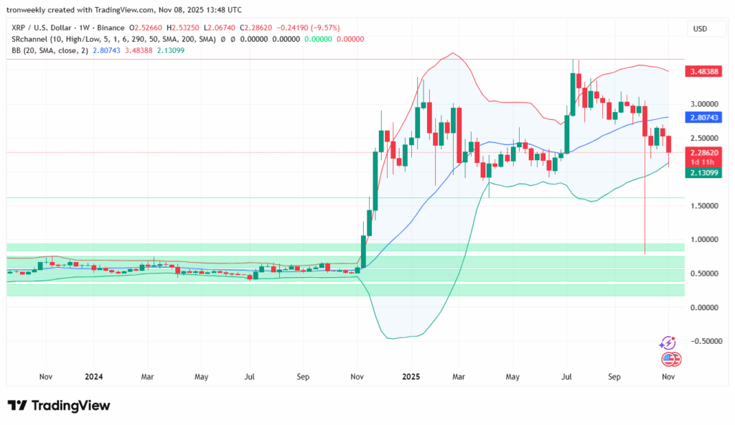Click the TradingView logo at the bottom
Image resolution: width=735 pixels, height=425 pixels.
pos(59,406)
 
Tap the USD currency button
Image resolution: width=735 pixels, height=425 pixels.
pos(699,29)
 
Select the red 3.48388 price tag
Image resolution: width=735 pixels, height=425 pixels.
pos(706,72)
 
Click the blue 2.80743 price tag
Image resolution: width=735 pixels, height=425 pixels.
pos(706,117)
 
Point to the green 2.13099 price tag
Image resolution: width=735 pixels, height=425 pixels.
pos(706,173)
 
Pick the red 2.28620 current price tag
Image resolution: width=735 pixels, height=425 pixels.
pos(706,152)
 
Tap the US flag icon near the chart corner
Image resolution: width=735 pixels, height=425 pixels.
pos(670,358)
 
